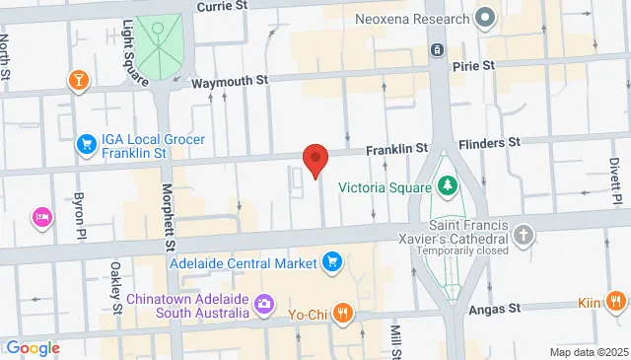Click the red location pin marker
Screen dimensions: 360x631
(315, 159)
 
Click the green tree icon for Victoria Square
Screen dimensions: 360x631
(447, 185)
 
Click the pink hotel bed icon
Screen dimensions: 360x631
(42, 216)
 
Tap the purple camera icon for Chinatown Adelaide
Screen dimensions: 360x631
(264, 304)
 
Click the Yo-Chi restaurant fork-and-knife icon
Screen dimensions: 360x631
(342, 315)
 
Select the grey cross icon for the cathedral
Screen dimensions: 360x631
(524, 235)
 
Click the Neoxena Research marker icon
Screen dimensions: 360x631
(484, 17)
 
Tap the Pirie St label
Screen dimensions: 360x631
(473, 66)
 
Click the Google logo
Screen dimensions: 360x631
(34, 348)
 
